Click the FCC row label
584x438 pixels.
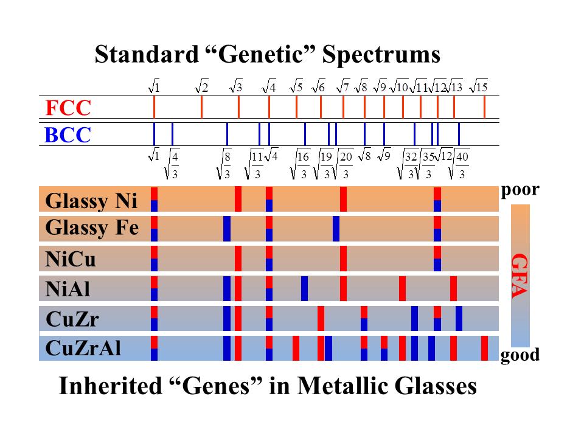[68, 108]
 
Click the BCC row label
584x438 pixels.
[68, 134]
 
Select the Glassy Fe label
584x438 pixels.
[92, 229]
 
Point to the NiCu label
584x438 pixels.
[71, 259]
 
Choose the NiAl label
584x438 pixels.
[68, 289]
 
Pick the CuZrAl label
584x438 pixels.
[83, 349]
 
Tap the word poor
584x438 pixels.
[520, 190]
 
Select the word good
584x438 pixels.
[520, 355]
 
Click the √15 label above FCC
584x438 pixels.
[480, 88]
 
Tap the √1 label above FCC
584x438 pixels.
[155, 88]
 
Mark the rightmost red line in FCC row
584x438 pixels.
[484, 107]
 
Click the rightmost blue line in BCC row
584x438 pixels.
[459, 134]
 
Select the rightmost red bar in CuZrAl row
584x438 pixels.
[484, 348]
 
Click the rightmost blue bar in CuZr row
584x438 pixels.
[459, 318]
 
